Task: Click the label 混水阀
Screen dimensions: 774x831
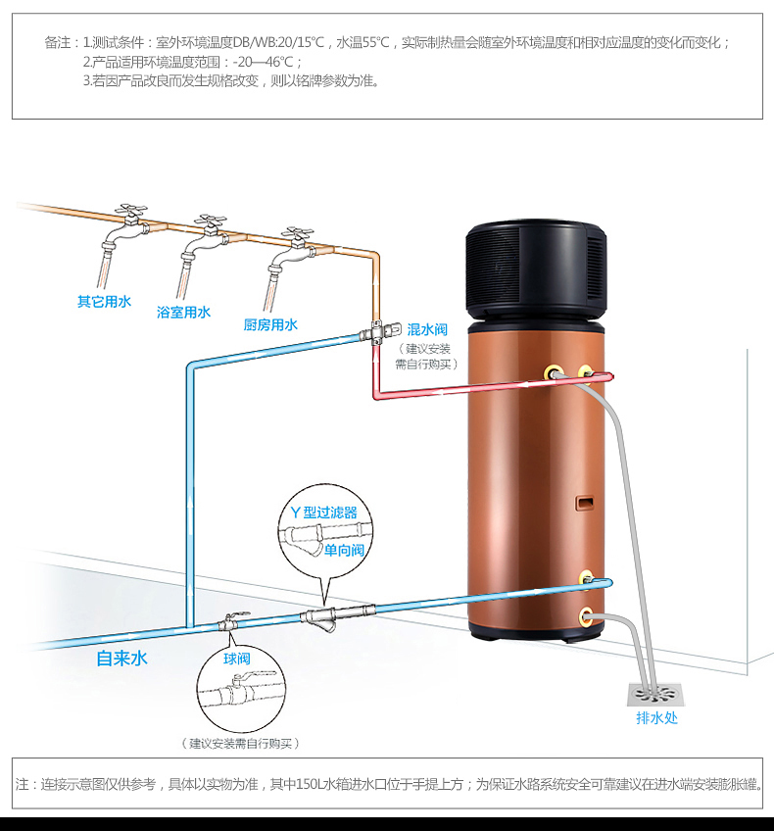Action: (427, 329)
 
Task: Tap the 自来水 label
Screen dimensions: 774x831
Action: (121, 659)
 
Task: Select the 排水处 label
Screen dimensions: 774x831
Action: (656, 718)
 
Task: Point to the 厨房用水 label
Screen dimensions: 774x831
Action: (270, 324)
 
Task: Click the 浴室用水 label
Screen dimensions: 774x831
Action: (183, 313)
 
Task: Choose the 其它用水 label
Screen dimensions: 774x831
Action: (104, 302)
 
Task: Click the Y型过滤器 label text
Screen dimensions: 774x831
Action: (323, 513)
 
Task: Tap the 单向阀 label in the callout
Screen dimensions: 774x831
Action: (344, 550)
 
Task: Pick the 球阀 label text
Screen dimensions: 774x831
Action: (236, 659)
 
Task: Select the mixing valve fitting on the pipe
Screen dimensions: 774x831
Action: (379, 333)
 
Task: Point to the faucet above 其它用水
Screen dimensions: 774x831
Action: (125, 229)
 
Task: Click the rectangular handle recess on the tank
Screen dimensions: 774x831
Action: (584, 503)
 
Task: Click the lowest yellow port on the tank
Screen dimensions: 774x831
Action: (586, 616)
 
